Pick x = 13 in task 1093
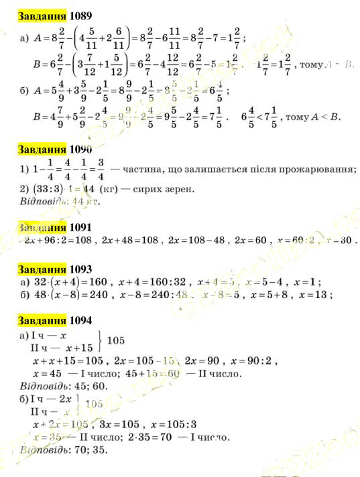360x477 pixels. click(x=316, y=295)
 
